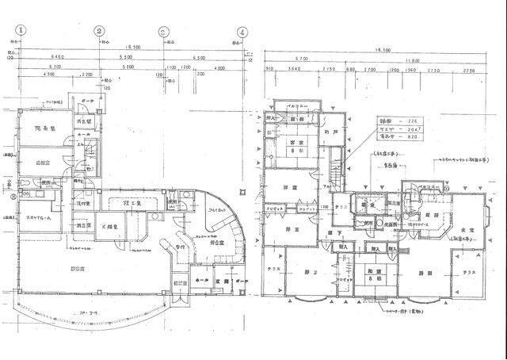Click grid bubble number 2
click(99, 32)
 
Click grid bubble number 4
click(241, 33)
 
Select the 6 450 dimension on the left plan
click(36, 59)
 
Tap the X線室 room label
click(110, 226)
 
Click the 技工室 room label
click(132, 205)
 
